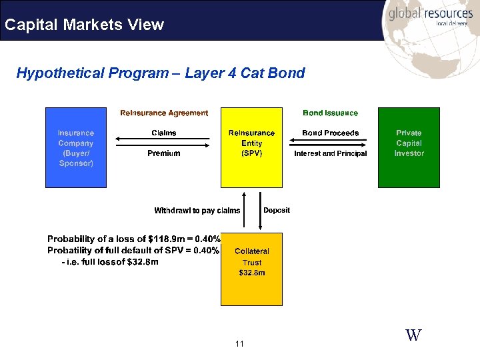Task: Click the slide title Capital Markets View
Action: (x=84, y=25)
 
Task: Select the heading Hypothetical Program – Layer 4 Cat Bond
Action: (x=161, y=73)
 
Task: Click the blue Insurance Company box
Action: (x=75, y=147)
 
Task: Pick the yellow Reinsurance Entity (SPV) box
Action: (x=251, y=147)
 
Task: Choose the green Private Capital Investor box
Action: (x=409, y=147)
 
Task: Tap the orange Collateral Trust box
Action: (x=251, y=269)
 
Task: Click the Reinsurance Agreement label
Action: (x=164, y=113)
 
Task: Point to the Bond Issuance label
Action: (x=330, y=113)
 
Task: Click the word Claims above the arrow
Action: (x=164, y=133)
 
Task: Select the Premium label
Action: (x=164, y=153)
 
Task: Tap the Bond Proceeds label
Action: (x=330, y=133)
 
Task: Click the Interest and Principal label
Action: (x=330, y=153)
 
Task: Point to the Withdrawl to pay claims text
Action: (x=197, y=211)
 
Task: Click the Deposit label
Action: (x=277, y=210)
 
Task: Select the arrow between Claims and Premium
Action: (x=164, y=142)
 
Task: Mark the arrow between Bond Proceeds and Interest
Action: (x=330, y=142)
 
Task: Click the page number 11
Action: (x=240, y=344)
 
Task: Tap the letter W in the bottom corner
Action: (x=413, y=335)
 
